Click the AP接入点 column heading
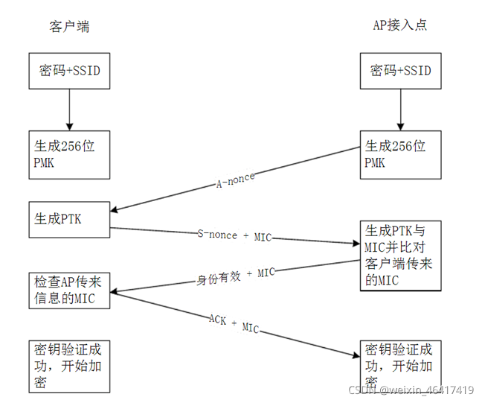coord(399,25)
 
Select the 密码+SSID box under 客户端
coord(69,72)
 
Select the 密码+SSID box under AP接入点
coord(400,72)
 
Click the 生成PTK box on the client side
coord(69,220)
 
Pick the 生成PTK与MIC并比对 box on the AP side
coord(400,254)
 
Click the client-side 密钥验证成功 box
coord(69,366)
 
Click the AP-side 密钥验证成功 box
coord(400,366)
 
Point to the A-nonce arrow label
coord(235,180)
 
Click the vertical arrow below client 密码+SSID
coord(69,110)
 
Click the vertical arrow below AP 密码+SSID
coord(400,110)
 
